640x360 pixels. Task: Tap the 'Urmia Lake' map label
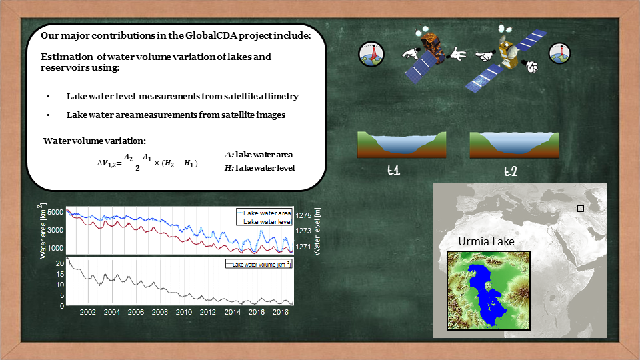[486, 241]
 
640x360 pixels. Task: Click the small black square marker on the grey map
[580, 208]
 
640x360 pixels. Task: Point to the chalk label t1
[393, 170]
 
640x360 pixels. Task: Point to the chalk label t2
[510, 171]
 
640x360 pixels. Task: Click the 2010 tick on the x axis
[184, 312]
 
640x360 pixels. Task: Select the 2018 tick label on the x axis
[281, 312]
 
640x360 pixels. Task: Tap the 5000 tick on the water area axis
[55, 212]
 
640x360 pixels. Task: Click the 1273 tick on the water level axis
[303, 231]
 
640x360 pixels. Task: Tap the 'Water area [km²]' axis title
[43, 231]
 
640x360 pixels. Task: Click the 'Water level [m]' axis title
[317, 231]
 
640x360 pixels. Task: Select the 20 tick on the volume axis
[60, 264]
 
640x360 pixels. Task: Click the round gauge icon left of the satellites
[371, 54]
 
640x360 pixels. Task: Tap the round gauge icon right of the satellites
[559, 53]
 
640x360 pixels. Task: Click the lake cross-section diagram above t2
[514, 145]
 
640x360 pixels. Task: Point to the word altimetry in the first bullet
[279, 96]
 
